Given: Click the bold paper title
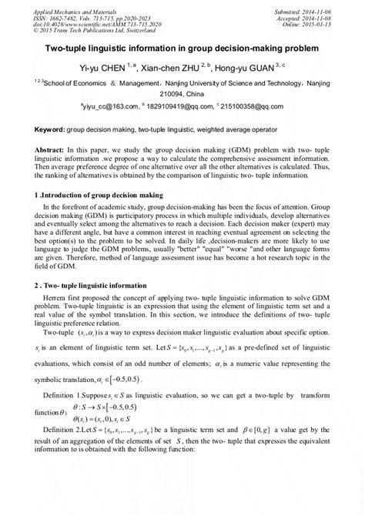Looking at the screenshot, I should click(182, 47).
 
